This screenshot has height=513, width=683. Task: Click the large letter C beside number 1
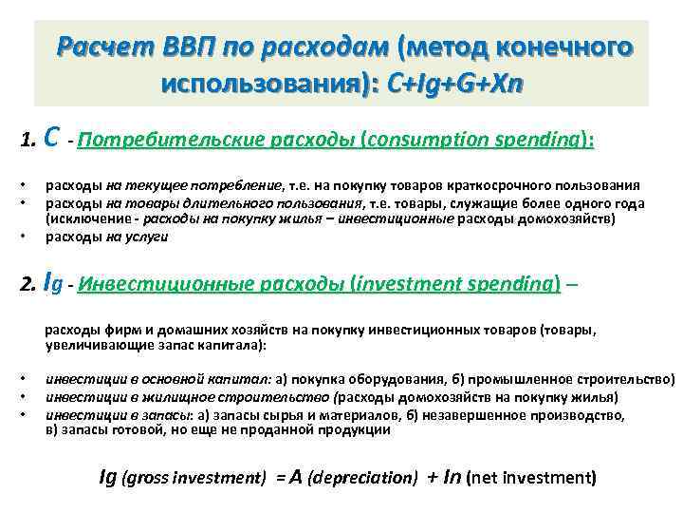tap(53, 139)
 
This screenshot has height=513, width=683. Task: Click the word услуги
tap(148, 237)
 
